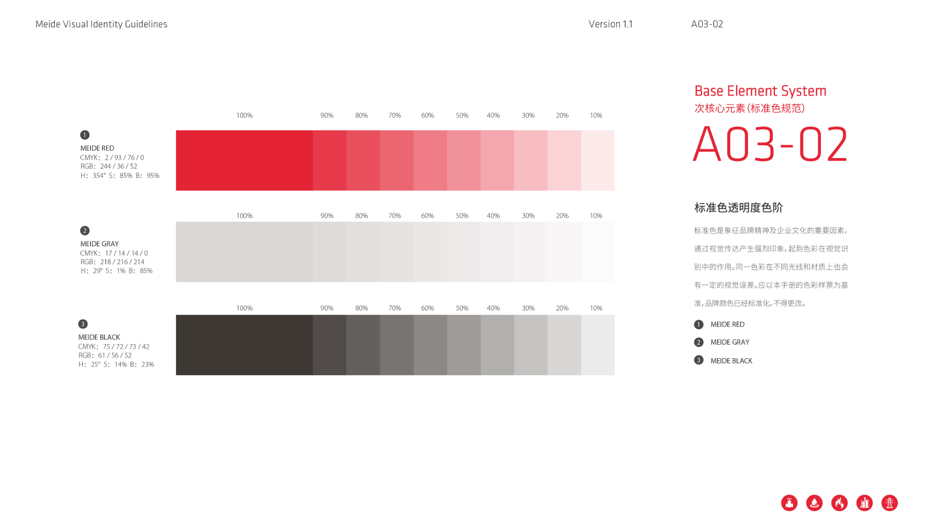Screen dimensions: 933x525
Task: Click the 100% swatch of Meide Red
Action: [244, 160]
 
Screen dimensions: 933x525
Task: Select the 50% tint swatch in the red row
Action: [464, 160]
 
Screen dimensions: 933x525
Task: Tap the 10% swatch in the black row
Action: [598, 345]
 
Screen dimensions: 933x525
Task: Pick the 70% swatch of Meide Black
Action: [397, 345]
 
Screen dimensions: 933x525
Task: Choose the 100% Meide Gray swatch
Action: [244, 251]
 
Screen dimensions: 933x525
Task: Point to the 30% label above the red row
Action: [528, 116]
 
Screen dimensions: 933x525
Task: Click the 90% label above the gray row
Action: [327, 216]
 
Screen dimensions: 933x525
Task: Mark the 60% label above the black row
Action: [427, 309]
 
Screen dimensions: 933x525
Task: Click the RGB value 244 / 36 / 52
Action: [118, 166]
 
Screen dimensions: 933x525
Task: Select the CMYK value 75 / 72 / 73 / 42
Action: [126, 346]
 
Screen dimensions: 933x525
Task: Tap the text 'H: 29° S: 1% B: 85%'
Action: [117, 271]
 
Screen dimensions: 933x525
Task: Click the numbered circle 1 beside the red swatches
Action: [85, 135]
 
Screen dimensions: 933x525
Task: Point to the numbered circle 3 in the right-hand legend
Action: [699, 360]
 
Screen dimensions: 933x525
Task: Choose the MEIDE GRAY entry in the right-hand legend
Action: [729, 342]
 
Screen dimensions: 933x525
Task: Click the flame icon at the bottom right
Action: [839, 503]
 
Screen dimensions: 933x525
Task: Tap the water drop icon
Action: [814, 503]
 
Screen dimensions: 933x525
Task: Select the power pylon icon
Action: [889, 503]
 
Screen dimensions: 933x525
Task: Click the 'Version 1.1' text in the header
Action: [610, 24]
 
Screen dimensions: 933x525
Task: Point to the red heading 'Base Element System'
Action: [760, 91]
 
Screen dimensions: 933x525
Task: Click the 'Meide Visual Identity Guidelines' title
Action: [101, 24]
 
